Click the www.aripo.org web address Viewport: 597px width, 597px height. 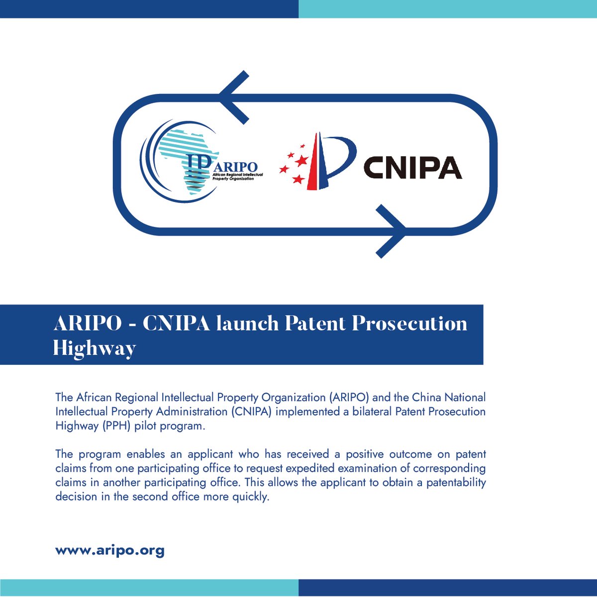109,551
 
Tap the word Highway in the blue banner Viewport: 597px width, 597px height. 94,348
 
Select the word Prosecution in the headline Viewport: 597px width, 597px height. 409,324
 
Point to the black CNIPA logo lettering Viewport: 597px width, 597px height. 412,167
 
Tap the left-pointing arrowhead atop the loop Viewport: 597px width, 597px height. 233,97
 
